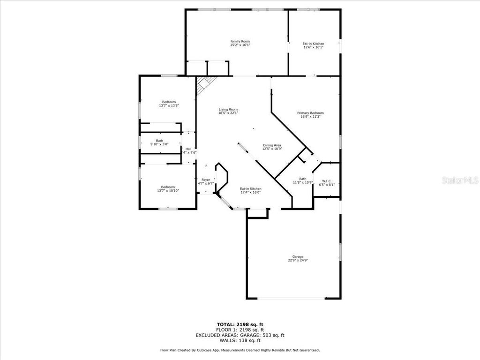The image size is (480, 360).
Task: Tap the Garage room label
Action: pyautogui.click(x=298, y=256)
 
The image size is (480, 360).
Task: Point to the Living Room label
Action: pyautogui.click(x=228, y=109)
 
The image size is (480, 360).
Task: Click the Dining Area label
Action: pyautogui.click(x=272, y=145)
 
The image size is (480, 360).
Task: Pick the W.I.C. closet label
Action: pyautogui.click(x=327, y=181)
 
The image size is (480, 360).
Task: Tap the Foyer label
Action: pyautogui.click(x=206, y=180)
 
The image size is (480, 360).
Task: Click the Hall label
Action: pyautogui.click(x=188, y=149)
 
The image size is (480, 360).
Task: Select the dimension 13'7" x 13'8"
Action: pyautogui.click(x=169, y=106)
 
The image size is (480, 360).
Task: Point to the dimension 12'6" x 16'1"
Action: pyautogui.click(x=313, y=47)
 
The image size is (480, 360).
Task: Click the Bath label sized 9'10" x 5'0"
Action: pyautogui.click(x=160, y=141)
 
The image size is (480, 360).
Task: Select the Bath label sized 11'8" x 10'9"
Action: pyautogui.click(x=303, y=179)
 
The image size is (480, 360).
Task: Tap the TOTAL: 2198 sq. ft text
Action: pyautogui.click(x=240, y=324)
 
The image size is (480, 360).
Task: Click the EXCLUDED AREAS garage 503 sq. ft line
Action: pyautogui.click(x=240, y=335)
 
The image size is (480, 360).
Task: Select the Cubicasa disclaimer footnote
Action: pyautogui.click(x=240, y=350)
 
